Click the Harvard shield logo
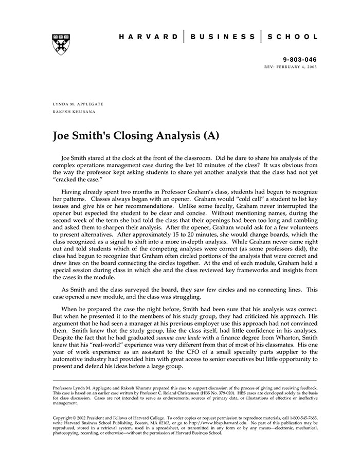coord(61,45)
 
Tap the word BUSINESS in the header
coord(222,37)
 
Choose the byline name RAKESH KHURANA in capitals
coord(74,111)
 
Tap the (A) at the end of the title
coord(211,136)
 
